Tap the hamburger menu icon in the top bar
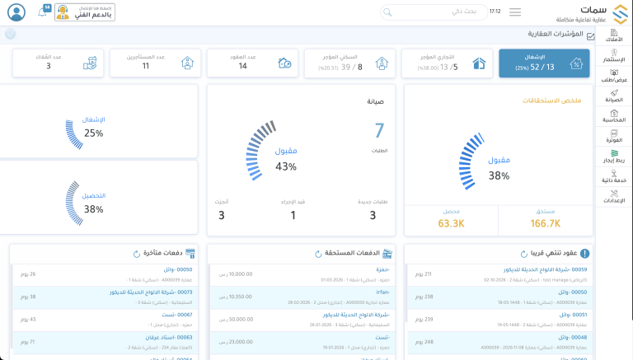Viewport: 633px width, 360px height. tap(515, 12)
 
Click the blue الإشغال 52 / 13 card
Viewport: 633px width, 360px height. tap(544, 63)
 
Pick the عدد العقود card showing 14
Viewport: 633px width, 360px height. tap(250, 63)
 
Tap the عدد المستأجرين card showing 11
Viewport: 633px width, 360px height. tap(152, 63)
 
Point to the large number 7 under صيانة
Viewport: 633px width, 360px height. tap(379, 130)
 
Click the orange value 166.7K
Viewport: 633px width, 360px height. tap(545, 222)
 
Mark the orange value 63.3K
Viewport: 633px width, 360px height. tap(450, 222)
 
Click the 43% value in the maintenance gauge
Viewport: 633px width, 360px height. tap(286, 166)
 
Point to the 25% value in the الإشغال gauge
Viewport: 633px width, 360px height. tap(93, 133)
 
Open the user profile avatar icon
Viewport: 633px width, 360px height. tap(16, 12)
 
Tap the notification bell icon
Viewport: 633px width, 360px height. tap(43, 12)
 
